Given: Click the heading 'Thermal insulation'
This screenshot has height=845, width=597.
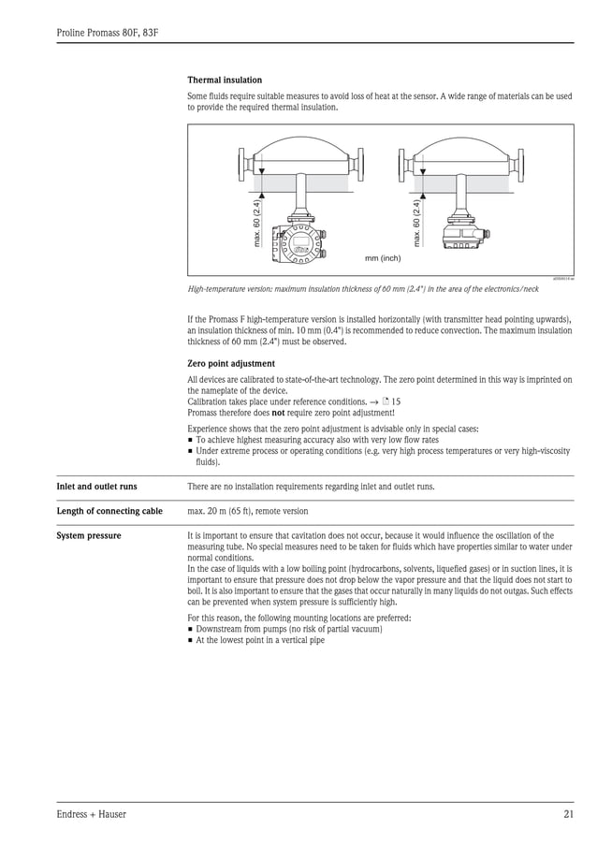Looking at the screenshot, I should (x=225, y=80).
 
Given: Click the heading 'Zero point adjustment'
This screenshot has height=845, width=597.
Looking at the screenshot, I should (x=231, y=363).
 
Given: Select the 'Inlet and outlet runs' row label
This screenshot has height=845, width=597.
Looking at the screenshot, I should (x=96, y=487).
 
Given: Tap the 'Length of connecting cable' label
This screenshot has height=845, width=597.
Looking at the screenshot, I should (x=109, y=511).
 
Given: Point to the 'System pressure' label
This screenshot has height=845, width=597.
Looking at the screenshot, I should (x=88, y=536).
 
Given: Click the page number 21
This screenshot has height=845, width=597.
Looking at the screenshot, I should (x=568, y=814).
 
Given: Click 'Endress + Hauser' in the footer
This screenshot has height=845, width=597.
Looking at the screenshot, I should (x=91, y=814).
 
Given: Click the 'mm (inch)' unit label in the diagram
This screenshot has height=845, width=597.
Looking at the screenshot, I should (x=382, y=257).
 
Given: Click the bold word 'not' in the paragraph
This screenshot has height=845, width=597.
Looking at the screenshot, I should (x=278, y=413).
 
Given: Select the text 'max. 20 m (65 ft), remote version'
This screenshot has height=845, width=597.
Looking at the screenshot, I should (x=248, y=511).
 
